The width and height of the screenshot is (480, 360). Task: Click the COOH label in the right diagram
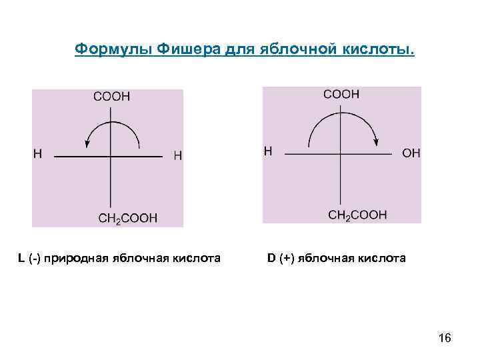pyautogui.click(x=341, y=94)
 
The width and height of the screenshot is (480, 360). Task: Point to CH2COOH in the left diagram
pyautogui.click(x=127, y=218)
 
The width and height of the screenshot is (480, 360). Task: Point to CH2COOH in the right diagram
pyautogui.click(x=357, y=215)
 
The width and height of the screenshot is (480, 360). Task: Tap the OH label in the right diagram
pyautogui.click(x=411, y=153)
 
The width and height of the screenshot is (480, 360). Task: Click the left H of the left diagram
pyautogui.click(x=37, y=154)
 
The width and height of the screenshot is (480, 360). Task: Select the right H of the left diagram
pyautogui.click(x=177, y=155)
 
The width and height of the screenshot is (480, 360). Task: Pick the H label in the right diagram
pyautogui.click(x=268, y=151)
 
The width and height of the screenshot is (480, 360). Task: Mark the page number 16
pyautogui.click(x=445, y=339)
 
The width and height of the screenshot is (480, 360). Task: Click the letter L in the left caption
pyautogui.click(x=21, y=258)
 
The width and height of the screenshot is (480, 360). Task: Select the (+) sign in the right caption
pyautogui.click(x=286, y=258)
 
